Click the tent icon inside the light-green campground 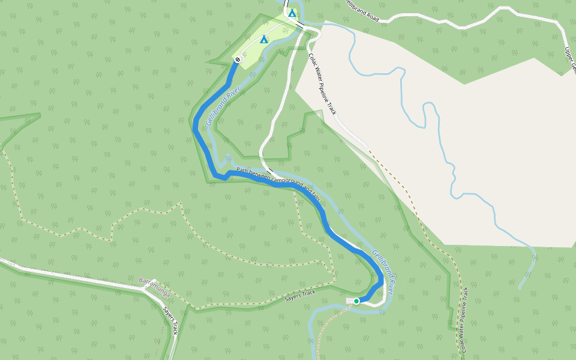[x=263, y=40]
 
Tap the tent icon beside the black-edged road [x=292, y=12]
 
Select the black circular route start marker [x=238, y=59]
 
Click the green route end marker [x=356, y=301]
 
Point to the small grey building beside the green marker [x=349, y=300]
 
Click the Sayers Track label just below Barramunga [x=170, y=322]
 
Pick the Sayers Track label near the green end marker [x=300, y=295]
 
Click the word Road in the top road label [x=370, y=16]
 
